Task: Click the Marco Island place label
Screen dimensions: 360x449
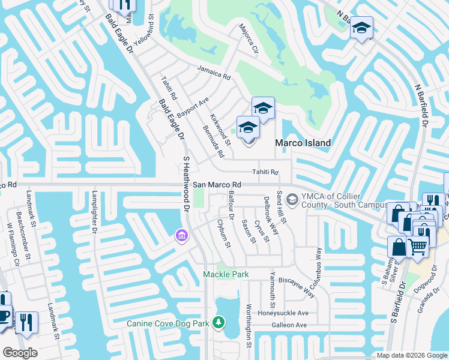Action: [x=303, y=143]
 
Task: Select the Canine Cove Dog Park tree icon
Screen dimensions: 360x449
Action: [x=220, y=323]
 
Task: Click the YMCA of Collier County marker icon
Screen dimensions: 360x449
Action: [x=292, y=199]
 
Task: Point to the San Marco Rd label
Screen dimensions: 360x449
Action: [x=217, y=185]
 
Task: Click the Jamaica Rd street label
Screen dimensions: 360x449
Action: [x=214, y=73]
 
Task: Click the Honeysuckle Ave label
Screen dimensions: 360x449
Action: [x=283, y=313]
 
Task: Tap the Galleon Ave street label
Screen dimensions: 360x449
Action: [x=290, y=325]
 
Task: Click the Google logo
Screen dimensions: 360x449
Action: [x=20, y=353]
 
